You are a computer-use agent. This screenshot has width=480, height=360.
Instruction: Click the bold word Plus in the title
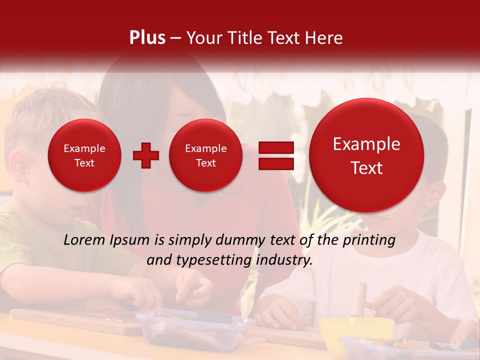[147, 38]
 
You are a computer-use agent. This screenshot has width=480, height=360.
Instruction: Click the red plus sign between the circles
[146, 155]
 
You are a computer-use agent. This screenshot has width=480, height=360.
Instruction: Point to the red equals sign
[275, 155]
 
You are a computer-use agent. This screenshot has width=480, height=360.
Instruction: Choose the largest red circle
[366, 155]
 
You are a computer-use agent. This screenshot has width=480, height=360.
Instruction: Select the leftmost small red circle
[84, 155]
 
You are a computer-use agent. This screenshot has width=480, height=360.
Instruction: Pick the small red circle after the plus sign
[205, 155]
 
